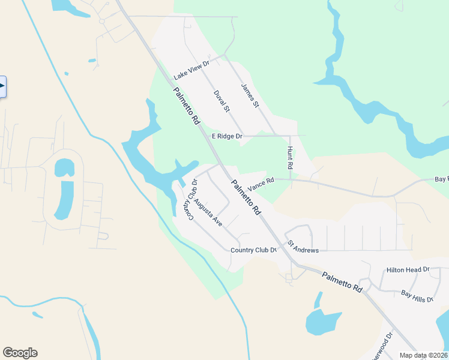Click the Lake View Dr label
point(191,70)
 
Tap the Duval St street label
point(221,101)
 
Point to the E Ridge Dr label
point(227,136)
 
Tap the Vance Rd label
point(261,184)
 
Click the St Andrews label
point(303,247)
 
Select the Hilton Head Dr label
point(408,270)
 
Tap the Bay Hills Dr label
point(417,295)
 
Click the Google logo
point(20,353)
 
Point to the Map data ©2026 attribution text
point(423,355)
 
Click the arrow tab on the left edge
point(2,86)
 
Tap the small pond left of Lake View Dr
point(91,61)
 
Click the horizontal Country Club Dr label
point(253,250)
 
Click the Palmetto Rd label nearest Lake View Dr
point(187,106)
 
